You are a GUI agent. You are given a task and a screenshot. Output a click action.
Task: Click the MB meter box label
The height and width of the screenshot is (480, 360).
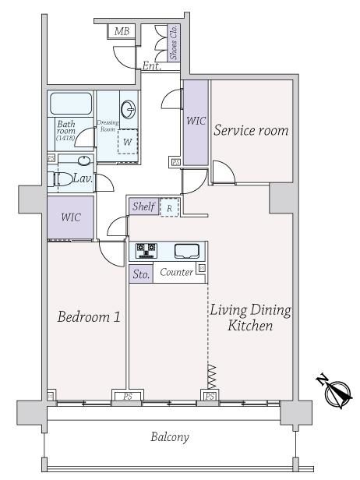coord(122,31)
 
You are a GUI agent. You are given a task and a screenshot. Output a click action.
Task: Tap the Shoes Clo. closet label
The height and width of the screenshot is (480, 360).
coord(174,43)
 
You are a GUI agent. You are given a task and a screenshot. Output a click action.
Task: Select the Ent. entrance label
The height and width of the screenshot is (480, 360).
coord(152,65)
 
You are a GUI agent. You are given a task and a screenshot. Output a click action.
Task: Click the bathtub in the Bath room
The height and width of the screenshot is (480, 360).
coord(71,104)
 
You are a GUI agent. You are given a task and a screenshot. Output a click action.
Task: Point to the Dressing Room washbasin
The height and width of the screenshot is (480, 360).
coord(129,109)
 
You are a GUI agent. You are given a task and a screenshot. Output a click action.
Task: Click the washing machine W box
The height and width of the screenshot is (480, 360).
coord(128,142)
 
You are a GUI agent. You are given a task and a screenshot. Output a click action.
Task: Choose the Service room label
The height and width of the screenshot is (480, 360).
coord(251,130)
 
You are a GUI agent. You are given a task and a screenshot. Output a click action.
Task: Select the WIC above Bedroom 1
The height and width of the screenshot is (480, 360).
coord(71,217)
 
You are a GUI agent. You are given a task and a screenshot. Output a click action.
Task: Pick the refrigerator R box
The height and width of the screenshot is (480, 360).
coord(169,208)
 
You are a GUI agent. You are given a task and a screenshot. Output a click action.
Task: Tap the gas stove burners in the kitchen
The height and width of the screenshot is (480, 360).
coord(146,250)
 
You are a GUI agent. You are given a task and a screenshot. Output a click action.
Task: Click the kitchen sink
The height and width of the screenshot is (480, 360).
coord(187,251)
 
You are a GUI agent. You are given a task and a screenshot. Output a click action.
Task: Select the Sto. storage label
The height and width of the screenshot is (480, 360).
coord(141,274)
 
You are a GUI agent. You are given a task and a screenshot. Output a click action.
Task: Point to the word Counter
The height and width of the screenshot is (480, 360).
coord(177,272)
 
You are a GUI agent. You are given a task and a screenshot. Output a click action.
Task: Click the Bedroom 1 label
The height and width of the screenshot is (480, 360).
coord(89,316)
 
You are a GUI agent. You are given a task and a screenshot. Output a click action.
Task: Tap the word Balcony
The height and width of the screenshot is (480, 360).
coord(170,437)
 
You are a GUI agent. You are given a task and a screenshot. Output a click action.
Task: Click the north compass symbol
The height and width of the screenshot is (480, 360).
coord(335,391)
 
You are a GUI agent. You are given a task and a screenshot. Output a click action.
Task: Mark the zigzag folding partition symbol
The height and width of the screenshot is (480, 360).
coord(212,377)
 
